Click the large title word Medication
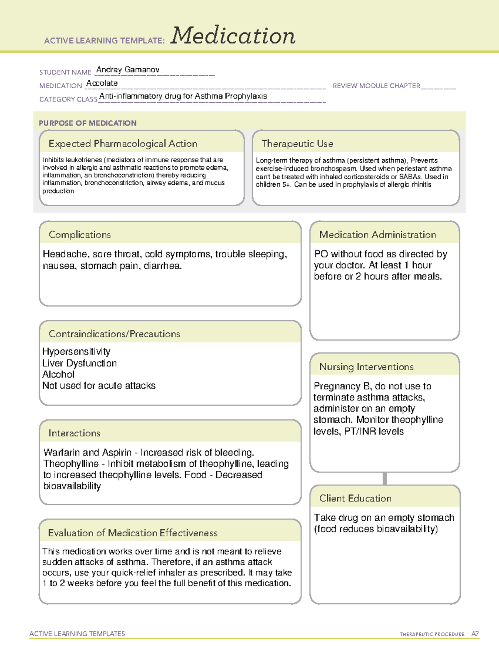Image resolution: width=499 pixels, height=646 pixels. (x=232, y=36)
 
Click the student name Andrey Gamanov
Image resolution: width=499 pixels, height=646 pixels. (x=128, y=70)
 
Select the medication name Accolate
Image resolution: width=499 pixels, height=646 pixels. (x=102, y=83)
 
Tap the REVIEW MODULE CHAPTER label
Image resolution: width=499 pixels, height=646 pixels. (x=376, y=86)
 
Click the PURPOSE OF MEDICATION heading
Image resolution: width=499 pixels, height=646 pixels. (x=87, y=123)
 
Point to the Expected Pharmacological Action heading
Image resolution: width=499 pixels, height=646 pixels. (x=123, y=144)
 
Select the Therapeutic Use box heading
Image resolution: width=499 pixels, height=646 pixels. (x=297, y=144)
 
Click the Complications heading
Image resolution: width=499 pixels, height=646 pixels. (x=79, y=235)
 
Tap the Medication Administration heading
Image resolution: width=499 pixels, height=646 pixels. (x=377, y=235)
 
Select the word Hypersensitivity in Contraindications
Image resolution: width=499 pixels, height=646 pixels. (x=76, y=351)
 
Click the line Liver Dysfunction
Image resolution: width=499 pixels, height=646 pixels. (x=79, y=363)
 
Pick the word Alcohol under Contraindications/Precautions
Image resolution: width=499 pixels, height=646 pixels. (x=58, y=374)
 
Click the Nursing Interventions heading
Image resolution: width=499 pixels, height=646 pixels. (x=366, y=367)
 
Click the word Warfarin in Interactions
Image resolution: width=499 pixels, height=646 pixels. (x=62, y=452)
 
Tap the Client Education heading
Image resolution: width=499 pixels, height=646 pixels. (x=355, y=498)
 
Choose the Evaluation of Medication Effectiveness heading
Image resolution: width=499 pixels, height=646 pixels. (x=133, y=533)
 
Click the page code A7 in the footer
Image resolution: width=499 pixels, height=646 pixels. (x=474, y=634)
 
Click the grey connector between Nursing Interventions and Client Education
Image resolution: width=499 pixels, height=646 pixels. (x=385, y=478)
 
